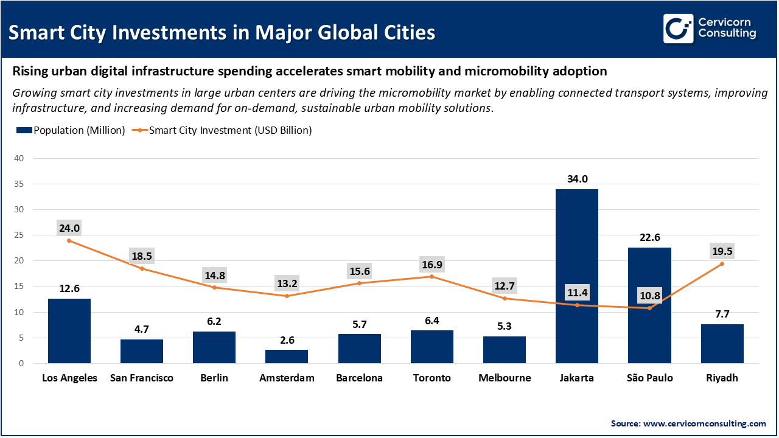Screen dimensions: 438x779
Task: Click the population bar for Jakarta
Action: click(576, 276)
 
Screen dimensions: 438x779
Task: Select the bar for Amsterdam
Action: click(287, 356)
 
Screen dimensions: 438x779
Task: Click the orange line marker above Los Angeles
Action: click(69, 241)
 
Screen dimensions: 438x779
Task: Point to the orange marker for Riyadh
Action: click(722, 264)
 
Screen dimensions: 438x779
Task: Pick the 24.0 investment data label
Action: click(69, 228)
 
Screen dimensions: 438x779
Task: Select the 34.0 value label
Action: click(576, 179)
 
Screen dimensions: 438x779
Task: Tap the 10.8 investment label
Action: click(649, 295)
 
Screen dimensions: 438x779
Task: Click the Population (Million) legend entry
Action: click(71, 130)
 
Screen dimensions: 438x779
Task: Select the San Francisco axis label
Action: click(142, 378)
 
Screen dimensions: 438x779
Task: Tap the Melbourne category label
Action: click(504, 378)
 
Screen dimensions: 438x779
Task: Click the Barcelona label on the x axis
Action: click(359, 378)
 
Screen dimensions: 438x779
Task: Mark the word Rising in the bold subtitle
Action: click(29, 71)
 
